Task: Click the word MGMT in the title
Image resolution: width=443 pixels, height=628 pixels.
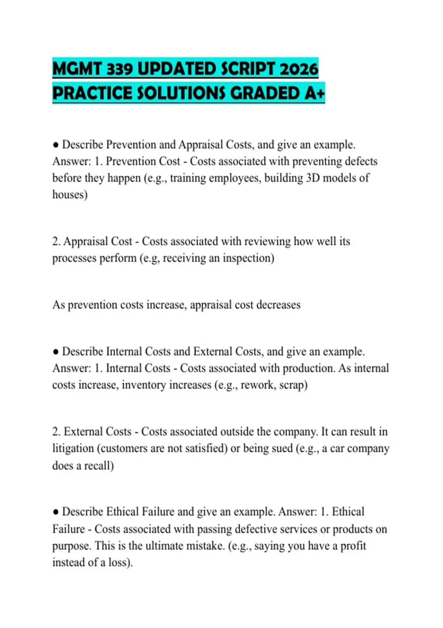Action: (77, 69)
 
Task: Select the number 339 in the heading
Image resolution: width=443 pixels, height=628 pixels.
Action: (119, 69)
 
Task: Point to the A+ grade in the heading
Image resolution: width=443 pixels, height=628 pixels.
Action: (315, 93)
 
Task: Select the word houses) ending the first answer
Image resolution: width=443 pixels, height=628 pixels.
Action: (70, 195)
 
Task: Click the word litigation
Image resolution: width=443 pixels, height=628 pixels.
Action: (73, 448)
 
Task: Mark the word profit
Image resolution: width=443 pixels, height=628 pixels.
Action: (353, 546)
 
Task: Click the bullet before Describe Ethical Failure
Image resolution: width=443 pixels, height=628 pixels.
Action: (56, 512)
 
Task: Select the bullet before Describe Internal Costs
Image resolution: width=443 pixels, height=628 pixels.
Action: (56, 352)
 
